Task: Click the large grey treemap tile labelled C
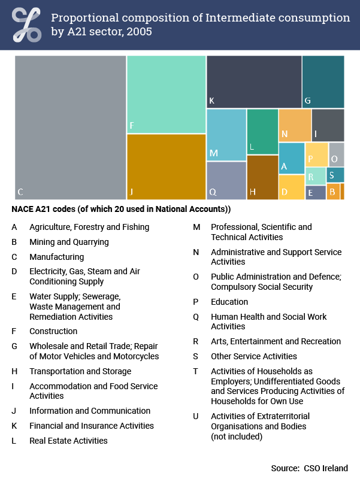coord(70,127)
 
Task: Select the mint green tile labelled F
coord(166,94)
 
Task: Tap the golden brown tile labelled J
coord(166,166)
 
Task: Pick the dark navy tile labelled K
coord(253,81)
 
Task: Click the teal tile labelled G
coord(323,81)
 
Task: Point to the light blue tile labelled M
coord(226,135)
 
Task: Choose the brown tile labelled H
coord(262,177)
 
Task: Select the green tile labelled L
coord(262,131)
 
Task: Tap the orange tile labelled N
coord(294,125)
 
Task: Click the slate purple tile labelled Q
coord(226,181)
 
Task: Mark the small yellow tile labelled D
coord(291,187)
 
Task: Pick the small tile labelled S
coord(335,175)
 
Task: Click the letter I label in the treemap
coord(316,134)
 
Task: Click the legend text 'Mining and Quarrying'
coord(69,242)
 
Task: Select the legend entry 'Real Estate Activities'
coord(68,441)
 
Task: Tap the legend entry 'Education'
coord(229,302)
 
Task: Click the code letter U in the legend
coord(196,416)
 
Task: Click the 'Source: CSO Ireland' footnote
coord(309,468)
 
